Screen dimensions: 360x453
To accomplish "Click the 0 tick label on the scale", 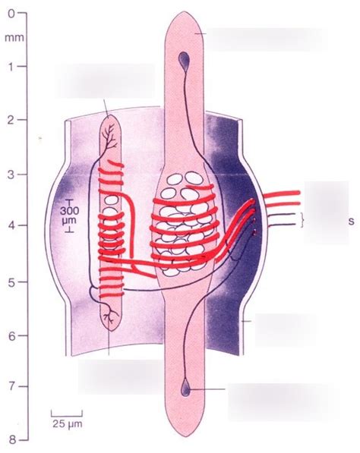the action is click(11, 14).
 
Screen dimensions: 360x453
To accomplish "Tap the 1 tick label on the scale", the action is click(11, 67).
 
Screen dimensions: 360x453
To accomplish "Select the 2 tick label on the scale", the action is click(11, 120).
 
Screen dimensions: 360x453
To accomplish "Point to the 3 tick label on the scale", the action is click(11, 175).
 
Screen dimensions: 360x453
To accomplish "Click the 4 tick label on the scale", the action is click(11, 225).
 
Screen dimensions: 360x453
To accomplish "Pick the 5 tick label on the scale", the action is click(11, 282).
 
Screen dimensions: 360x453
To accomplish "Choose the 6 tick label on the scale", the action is click(11, 336).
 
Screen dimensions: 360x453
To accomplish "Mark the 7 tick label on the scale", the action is click(11, 387).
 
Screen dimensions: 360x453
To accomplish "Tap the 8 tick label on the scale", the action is click(11, 440).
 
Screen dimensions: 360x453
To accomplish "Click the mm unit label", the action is click(14, 38).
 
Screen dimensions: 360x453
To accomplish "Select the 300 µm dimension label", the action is click(69, 215).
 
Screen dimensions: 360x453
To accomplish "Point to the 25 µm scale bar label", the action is click(68, 424).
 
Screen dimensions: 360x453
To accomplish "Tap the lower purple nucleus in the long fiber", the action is click(185, 389).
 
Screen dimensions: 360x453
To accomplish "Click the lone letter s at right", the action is click(352, 222).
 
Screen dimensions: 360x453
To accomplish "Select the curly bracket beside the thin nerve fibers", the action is click(302, 220).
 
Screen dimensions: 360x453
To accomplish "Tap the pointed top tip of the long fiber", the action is click(185, 11).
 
